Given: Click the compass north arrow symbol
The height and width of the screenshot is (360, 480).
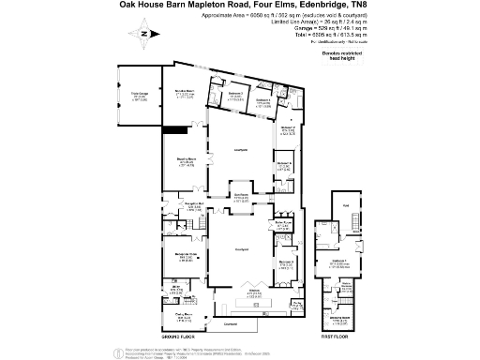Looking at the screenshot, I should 142,35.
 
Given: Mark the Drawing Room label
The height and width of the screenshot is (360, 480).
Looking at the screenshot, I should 186,161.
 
